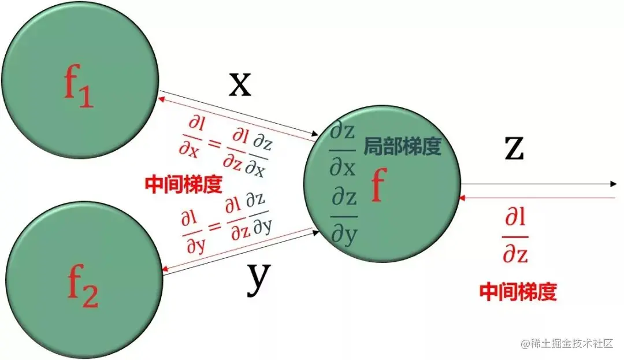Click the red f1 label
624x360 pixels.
(x=78, y=88)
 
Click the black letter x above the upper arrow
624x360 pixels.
(x=240, y=84)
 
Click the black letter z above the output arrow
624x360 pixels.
(x=513, y=148)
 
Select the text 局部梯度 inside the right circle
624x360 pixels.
(x=402, y=147)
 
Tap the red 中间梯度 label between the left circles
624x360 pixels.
(x=184, y=184)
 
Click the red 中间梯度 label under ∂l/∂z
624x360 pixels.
(x=518, y=292)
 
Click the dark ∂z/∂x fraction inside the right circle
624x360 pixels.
(x=343, y=150)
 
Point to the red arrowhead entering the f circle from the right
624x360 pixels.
(x=460, y=198)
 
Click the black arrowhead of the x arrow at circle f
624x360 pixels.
(x=315, y=133)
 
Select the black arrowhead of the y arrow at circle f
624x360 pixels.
(x=316, y=232)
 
